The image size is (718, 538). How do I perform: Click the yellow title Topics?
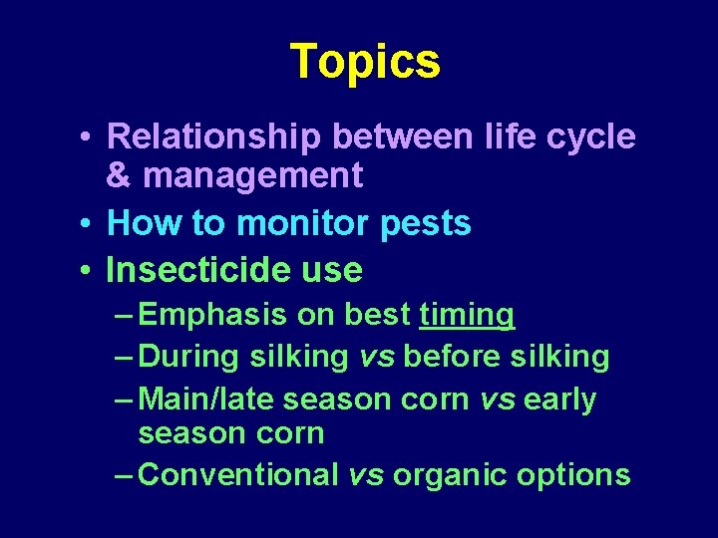point(364,62)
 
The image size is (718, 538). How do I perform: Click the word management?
point(253,176)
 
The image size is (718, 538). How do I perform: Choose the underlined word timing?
point(467,315)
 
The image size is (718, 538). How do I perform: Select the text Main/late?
point(206,400)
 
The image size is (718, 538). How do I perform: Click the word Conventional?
point(239,475)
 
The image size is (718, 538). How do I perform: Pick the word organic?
point(450,475)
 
